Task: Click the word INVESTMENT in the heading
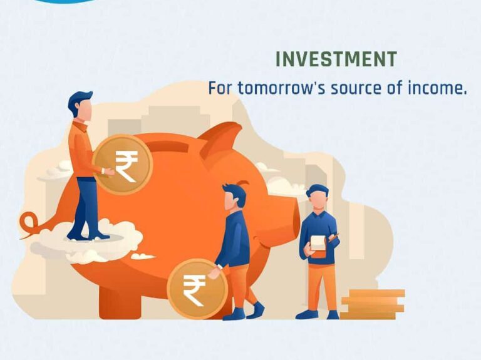(336, 59)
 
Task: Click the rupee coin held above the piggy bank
(123, 165)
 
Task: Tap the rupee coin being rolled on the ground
(197, 289)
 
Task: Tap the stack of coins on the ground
(373, 304)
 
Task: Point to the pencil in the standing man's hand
(334, 237)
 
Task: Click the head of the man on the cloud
(80, 105)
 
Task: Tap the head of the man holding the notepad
(318, 197)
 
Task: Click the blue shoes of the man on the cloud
(88, 235)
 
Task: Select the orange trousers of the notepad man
(321, 287)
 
